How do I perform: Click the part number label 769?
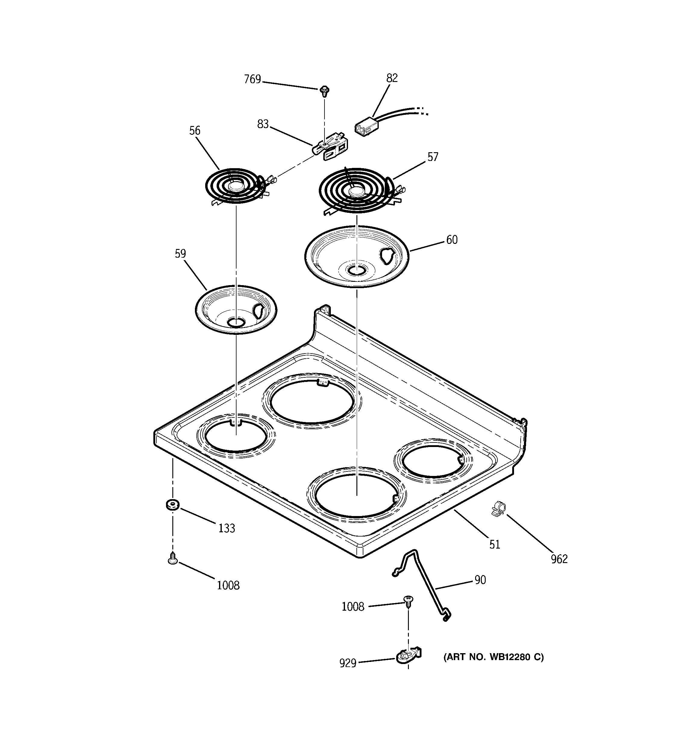click(x=252, y=80)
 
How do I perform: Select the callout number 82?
click(x=392, y=78)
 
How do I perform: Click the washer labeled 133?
click(x=172, y=505)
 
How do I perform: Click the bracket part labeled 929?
click(x=408, y=655)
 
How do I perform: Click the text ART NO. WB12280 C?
click(x=494, y=657)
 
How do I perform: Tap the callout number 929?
click(x=347, y=663)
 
